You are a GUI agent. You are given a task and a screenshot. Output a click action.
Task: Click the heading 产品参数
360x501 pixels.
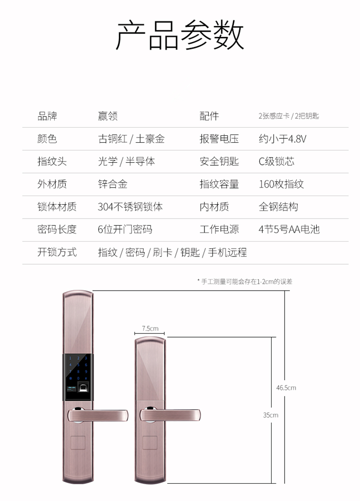click(x=180, y=35)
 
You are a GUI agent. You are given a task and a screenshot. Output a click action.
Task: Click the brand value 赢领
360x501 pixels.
click(x=108, y=116)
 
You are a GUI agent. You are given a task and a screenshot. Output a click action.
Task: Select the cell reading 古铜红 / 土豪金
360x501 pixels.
click(x=131, y=139)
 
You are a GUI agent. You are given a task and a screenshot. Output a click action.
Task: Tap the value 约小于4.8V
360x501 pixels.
click(x=282, y=139)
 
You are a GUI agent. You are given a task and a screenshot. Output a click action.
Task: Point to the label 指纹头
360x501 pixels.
click(x=52, y=161)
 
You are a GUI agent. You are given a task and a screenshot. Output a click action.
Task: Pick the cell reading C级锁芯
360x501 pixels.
click(x=276, y=161)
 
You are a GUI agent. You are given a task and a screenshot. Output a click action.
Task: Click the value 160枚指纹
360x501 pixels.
click(x=281, y=184)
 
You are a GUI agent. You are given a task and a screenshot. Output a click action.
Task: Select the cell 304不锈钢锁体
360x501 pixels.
click(x=130, y=207)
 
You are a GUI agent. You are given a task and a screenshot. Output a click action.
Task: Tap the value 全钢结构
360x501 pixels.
click(x=278, y=207)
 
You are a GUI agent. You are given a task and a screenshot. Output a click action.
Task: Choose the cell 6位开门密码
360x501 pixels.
click(x=125, y=230)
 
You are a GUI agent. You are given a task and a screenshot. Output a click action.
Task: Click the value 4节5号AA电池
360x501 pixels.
click(x=289, y=230)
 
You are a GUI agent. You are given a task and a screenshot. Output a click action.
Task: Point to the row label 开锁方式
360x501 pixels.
click(x=57, y=252)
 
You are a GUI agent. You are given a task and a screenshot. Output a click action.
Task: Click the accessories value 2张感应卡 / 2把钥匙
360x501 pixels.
click(x=289, y=116)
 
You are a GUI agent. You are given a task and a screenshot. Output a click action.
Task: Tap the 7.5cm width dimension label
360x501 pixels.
click(x=150, y=329)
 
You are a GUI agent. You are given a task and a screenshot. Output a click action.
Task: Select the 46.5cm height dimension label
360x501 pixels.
click(x=286, y=388)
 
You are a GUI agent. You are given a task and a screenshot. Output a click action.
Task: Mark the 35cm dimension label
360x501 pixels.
click(x=271, y=415)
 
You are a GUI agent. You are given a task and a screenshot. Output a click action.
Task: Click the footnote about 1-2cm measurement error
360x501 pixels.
click(x=245, y=281)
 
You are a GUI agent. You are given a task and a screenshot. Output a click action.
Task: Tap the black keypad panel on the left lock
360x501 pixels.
click(x=78, y=377)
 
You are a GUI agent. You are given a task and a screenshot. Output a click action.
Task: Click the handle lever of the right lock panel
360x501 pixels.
click(x=170, y=415)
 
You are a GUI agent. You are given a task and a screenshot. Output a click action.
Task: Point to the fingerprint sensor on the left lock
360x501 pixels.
click(x=84, y=388)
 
